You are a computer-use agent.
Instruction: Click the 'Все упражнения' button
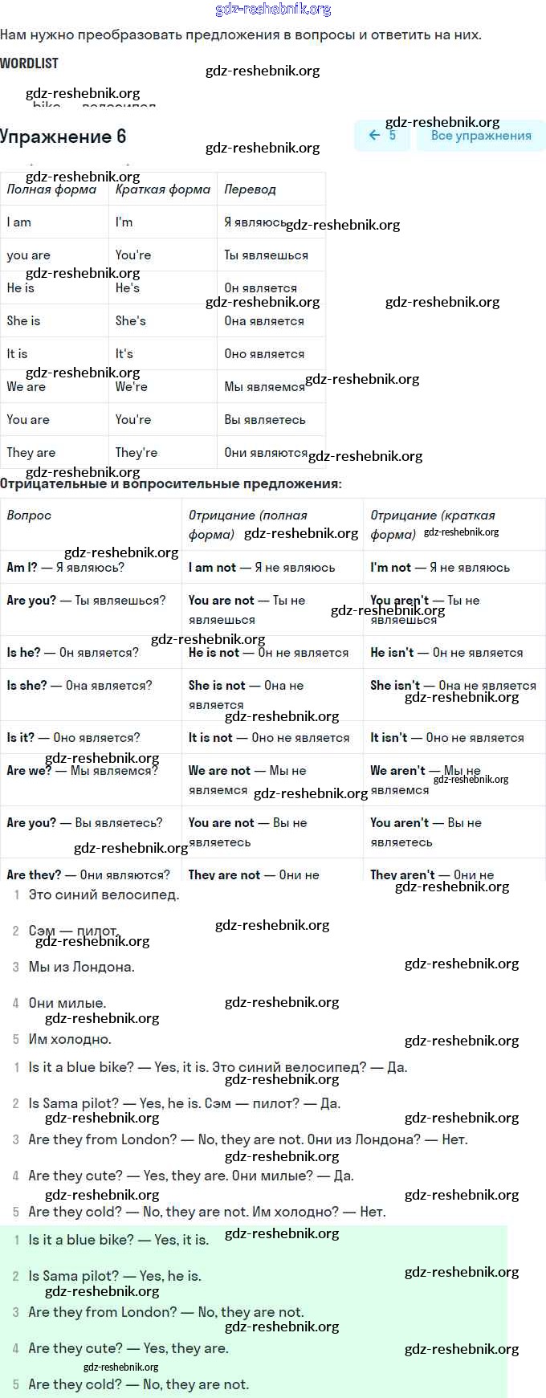click(480, 136)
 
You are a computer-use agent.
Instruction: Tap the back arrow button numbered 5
click(382, 136)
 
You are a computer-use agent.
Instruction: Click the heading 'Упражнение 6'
click(63, 137)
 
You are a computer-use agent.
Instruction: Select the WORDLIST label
click(30, 63)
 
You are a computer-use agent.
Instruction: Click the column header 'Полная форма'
click(51, 190)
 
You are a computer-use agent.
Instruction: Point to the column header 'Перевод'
click(250, 190)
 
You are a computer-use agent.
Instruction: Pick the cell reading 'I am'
click(19, 222)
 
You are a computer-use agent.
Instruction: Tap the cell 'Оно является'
click(264, 354)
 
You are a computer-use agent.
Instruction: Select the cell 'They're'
click(136, 452)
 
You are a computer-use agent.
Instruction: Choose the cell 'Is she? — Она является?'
click(79, 685)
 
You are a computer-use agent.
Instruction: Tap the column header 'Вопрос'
click(29, 516)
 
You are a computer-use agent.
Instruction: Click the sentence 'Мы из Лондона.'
click(81, 967)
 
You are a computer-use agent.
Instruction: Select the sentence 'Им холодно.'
click(70, 1039)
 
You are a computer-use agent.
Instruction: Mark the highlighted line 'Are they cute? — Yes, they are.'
click(128, 1348)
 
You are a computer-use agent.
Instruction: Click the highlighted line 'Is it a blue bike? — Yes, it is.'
click(118, 1240)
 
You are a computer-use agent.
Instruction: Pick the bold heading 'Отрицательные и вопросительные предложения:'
click(171, 484)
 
